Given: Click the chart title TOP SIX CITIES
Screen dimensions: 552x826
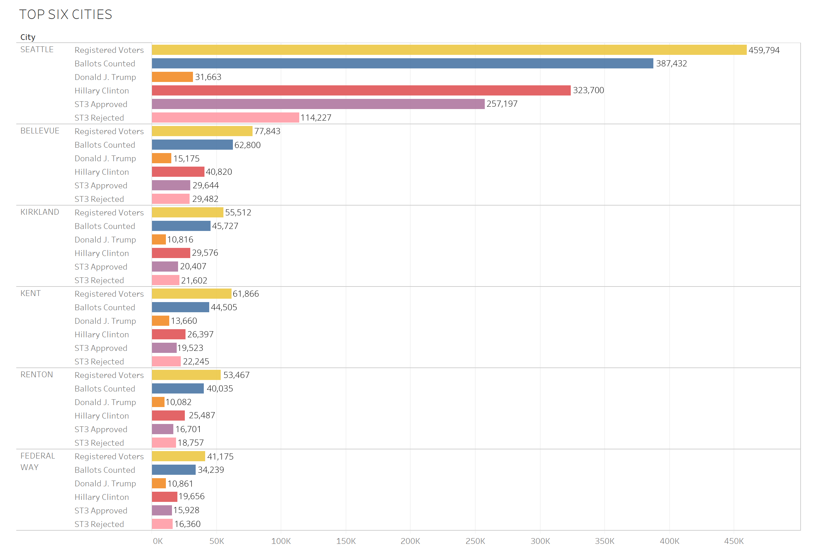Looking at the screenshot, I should (65, 15).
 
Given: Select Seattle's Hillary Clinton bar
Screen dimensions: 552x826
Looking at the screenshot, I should (361, 90).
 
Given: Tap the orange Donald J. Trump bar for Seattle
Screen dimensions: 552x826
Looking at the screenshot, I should (172, 77).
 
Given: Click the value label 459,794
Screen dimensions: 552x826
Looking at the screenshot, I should (763, 50).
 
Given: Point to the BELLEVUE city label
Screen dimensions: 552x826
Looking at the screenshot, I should (40, 131).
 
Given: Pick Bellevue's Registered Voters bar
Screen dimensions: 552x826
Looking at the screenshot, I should (202, 131).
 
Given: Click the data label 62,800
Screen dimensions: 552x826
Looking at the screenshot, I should (247, 145).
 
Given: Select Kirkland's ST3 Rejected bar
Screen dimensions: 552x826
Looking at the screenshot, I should (166, 280).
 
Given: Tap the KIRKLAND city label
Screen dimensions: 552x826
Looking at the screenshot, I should (40, 212).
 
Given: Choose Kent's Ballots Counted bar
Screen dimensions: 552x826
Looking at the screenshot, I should (180, 307).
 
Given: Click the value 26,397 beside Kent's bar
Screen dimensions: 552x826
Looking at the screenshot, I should (200, 335).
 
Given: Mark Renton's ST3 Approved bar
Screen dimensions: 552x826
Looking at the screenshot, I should (162, 429).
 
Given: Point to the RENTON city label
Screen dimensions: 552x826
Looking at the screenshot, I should (37, 375).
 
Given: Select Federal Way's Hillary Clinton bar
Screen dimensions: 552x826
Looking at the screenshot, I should (165, 497).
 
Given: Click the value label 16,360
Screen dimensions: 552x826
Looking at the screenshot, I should (187, 524).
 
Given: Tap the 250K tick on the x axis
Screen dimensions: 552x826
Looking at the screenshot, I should (475, 541).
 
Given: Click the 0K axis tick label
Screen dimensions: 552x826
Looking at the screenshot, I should (158, 541).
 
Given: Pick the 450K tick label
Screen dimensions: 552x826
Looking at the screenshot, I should (734, 541).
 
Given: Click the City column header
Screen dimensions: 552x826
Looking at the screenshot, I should (28, 37).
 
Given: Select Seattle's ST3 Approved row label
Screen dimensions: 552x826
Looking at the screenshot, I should (101, 104).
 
